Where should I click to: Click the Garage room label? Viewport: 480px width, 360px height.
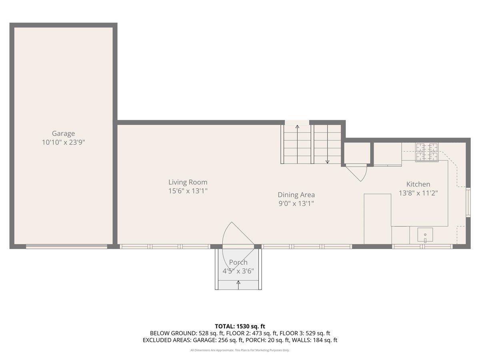point(64,133)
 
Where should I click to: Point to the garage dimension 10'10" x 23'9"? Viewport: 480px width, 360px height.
point(64,142)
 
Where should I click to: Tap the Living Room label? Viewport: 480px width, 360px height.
point(188,182)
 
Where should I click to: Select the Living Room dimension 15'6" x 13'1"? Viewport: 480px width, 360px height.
point(188,191)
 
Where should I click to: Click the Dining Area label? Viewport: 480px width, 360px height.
point(296,194)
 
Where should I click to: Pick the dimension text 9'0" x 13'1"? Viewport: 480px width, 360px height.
point(296,204)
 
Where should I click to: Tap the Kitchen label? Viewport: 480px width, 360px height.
point(418,184)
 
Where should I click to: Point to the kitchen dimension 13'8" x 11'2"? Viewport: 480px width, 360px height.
point(418,193)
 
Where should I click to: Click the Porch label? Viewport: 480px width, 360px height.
point(238,262)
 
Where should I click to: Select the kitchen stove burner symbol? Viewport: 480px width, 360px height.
point(427,152)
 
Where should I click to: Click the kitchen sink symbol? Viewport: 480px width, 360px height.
point(425,234)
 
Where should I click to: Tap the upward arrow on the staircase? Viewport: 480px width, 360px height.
point(297,144)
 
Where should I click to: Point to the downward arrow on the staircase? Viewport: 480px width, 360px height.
point(327,144)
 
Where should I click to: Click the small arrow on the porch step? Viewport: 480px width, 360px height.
point(238,285)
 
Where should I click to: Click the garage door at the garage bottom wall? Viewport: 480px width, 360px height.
point(66,246)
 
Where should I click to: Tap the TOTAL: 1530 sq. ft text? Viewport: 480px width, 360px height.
point(240,326)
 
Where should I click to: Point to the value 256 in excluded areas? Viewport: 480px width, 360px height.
point(223,340)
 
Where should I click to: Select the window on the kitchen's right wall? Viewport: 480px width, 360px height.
point(468,202)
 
